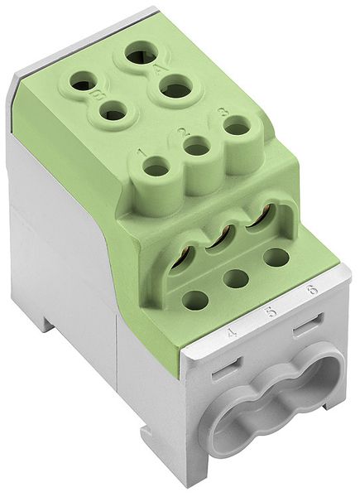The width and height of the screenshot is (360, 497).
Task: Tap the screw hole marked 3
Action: click(237, 127)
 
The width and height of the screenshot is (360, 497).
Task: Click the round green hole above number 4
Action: click(195, 299)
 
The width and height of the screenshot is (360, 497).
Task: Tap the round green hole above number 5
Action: click(237, 278)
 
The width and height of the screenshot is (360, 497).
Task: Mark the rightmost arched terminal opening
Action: click(260, 220)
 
